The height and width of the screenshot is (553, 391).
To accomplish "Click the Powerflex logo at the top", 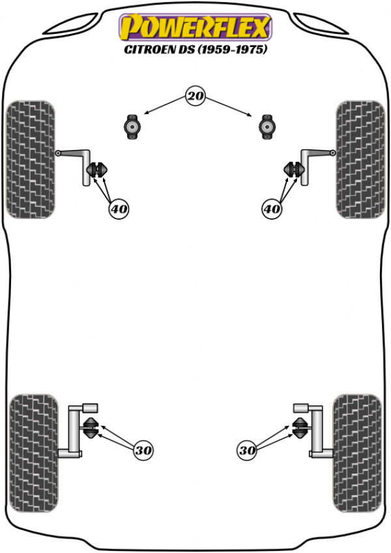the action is pyautogui.click(x=195, y=27).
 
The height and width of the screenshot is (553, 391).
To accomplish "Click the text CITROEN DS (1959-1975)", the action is pyautogui.click(x=195, y=49).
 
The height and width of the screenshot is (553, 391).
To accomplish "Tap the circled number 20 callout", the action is pyautogui.click(x=195, y=96).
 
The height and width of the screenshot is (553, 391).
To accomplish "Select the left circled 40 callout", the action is pyautogui.click(x=119, y=209).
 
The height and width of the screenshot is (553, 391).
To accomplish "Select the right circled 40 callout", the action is pyautogui.click(x=272, y=209).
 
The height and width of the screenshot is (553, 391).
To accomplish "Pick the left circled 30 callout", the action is pyautogui.click(x=143, y=450).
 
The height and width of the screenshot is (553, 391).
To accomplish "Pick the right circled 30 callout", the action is pyautogui.click(x=247, y=450).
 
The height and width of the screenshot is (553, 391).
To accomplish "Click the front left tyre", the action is pyautogui.click(x=31, y=159).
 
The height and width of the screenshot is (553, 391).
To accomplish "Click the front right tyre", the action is pyautogui.click(x=360, y=159).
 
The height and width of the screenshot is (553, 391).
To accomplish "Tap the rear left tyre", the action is pyautogui.click(x=33, y=453).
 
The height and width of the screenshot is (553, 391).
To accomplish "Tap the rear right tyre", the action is pyautogui.click(x=357, y=453).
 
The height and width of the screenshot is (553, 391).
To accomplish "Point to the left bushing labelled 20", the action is pyautogui.click(x=132, y=127).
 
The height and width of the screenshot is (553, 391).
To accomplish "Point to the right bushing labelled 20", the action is pyautogui.click(x=267, y=127).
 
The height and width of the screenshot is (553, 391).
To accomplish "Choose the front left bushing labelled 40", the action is pyautogui.click(x=96, y=170).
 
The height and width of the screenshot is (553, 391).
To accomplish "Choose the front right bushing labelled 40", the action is pyautogui.click(x=294, y=170).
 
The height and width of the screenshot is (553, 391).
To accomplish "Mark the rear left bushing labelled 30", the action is pyautogui.click(x=92, y=428).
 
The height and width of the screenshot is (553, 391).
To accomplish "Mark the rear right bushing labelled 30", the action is pyautogui.click(x=299, y=428).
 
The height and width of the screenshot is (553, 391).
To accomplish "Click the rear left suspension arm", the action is pyautogui.click(x=74, y=431).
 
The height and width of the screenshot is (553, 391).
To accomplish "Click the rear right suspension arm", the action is pyautogui.click(x=317, y=431).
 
